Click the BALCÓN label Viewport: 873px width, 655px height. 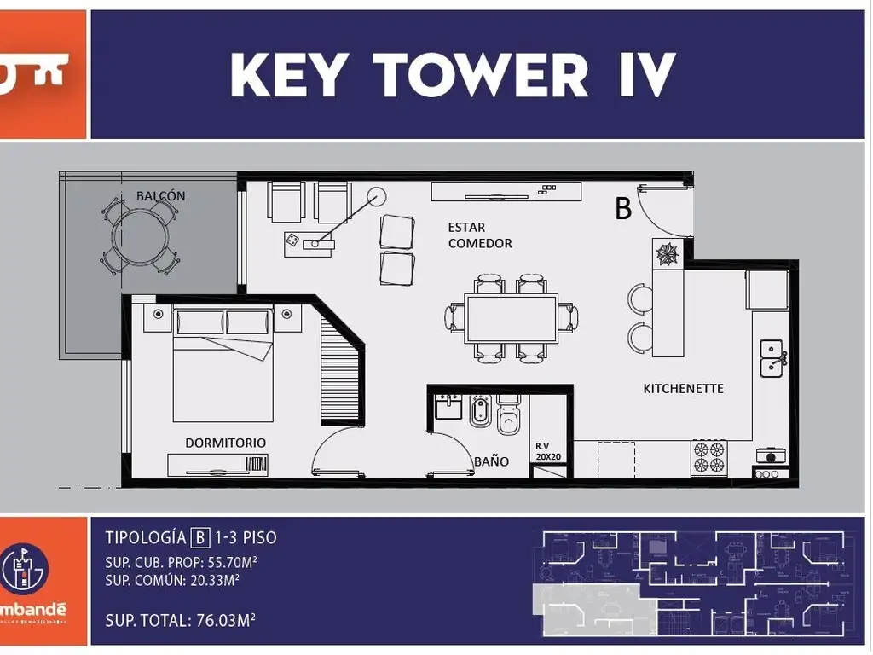point(160,196)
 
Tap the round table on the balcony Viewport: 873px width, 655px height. point(142,235)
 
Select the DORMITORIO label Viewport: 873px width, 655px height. point(226,443)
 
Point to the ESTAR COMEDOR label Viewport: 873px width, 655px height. point(479,235)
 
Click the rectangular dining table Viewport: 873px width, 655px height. point(512,318)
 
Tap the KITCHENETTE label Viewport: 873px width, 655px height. point(683,389)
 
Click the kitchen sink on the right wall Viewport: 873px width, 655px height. point(772,358)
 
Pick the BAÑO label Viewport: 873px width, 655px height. point(491,461)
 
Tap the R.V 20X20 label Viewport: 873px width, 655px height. point(547,451)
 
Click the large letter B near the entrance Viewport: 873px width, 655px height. point(623,208)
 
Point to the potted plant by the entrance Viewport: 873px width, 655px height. point(666,253)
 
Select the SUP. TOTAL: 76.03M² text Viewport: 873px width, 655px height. point(181,620)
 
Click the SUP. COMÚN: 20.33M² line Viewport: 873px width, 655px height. point(171,580)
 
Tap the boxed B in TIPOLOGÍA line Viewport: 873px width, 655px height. point(200,537)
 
